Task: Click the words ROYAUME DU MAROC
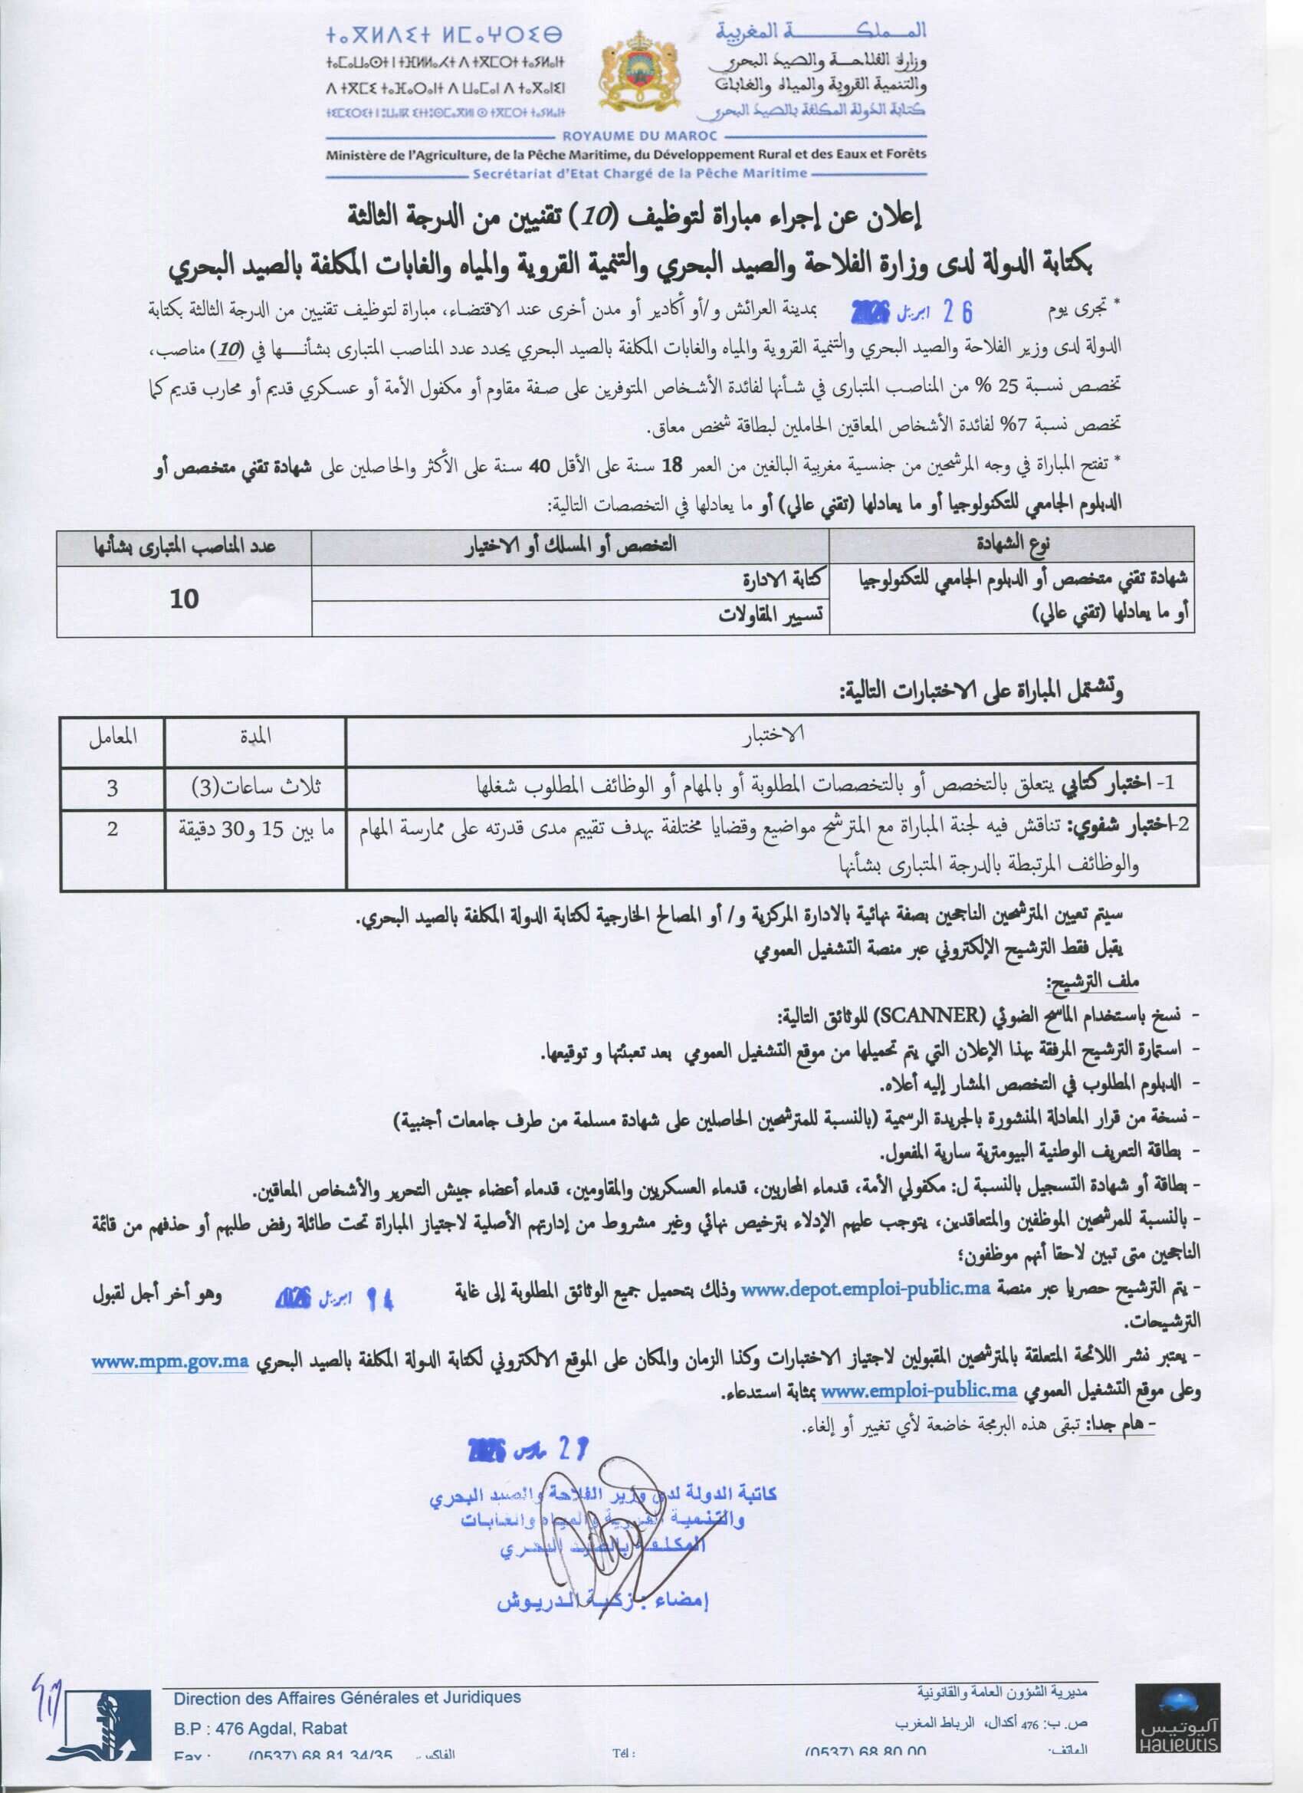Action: pos(625,136)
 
